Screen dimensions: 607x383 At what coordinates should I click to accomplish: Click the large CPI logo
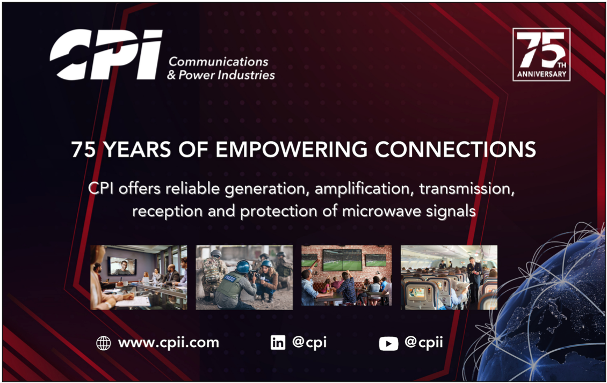pos(106,54)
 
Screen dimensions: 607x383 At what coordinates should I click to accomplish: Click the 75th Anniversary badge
pos(541,55)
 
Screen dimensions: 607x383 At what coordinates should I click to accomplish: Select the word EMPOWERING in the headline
pos(291,149)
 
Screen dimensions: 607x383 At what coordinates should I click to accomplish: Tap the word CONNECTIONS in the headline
pos(456,149)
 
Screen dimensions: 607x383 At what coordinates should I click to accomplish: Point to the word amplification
pos(362,189)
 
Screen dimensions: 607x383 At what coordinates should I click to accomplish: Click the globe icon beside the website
pos(103,343)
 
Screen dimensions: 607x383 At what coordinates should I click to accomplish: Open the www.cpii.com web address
pos(168,343)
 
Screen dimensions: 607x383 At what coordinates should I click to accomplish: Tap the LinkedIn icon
pos(278,342)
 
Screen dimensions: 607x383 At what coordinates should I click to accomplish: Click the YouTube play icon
pos(388,343)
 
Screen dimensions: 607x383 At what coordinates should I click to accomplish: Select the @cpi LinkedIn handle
pos(309,342)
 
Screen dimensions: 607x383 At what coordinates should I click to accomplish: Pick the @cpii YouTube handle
pos(423,342)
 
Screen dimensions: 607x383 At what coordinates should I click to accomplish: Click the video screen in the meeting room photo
pos(122,266)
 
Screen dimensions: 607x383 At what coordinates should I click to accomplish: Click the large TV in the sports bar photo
pos(342,260)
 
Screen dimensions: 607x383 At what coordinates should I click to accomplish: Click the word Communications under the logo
pos(218,62)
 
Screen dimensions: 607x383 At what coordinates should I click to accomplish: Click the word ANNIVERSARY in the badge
pos(541,73)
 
